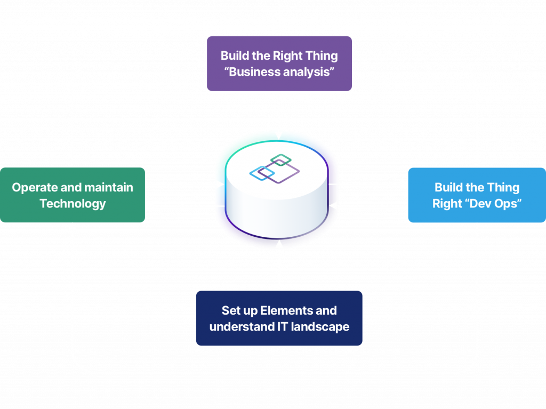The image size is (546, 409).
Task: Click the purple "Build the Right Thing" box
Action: [x=279, y=63]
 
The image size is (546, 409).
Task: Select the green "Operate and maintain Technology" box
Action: [x=73, y=195]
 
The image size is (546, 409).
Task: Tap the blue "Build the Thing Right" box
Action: [x=477, y=195]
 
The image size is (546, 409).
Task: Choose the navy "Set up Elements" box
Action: [x=279, y=318]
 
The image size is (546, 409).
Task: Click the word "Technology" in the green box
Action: [x=73, y=203]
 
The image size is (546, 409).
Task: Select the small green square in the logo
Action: [x=279, y=159]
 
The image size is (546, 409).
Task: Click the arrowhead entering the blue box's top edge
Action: [x=477, y=163]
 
